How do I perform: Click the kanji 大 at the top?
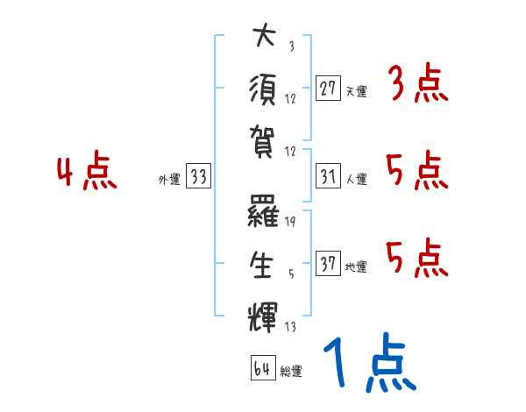click(263, 38)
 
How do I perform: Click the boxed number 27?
click(328, 89)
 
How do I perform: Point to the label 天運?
click(356, 90)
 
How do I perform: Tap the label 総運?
click(290, 371)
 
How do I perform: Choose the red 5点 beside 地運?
click(417, 258)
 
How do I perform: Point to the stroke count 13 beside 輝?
click(289, 327)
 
